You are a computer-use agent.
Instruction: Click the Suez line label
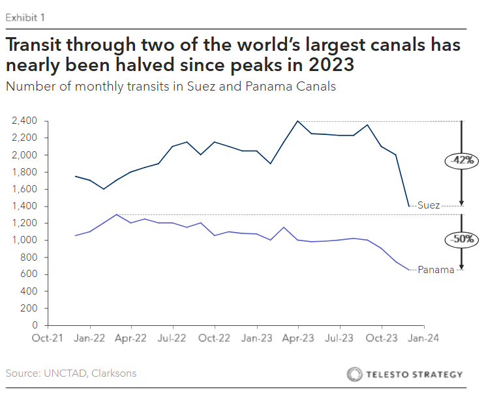[x=429, y=205]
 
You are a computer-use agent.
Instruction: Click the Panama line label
[x=436, y=270]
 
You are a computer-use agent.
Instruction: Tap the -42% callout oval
[x=461, y=160]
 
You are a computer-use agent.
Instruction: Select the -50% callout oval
[x=461, y=239]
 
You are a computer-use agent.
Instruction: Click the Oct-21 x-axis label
[x=48, y=338]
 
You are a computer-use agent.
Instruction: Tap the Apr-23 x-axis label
[x=298, y=338]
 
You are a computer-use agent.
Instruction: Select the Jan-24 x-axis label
[x=423, y=338]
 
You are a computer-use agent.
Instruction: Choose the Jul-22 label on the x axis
[x=173, y=338]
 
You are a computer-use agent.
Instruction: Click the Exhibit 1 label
[x=25, y=18]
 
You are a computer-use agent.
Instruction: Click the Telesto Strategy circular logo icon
[x=355, y=374]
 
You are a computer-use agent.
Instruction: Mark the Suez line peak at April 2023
[x=298, y=121]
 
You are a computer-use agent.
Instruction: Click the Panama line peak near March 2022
[x=117, y=214]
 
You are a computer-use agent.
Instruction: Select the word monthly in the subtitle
[x=83, y=87]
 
